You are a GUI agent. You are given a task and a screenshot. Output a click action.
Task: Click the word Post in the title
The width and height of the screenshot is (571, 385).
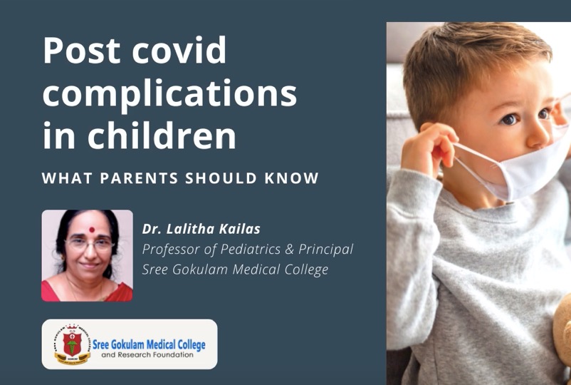[82, 50]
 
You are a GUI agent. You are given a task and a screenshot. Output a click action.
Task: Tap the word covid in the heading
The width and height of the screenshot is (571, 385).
[179, 50]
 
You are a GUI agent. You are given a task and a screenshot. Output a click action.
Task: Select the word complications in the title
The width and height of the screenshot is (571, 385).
[169, 95]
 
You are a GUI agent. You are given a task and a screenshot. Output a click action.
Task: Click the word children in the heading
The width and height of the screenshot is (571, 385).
[162, 135]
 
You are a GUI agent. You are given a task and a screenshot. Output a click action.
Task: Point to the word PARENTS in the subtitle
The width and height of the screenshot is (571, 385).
[139, 178]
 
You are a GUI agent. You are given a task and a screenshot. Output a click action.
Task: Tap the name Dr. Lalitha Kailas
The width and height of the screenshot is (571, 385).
[201, 229]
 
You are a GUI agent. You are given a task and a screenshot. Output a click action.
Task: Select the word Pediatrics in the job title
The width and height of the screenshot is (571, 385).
[251, 250]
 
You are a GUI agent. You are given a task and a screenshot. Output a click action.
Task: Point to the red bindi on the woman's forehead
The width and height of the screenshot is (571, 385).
[92, 230]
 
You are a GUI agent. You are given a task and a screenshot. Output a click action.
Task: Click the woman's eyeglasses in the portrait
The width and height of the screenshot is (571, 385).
[90, 245]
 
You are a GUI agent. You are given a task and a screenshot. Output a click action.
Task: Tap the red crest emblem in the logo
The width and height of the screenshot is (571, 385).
[72, 343]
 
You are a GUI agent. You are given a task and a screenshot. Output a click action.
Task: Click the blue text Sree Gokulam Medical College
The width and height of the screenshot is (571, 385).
[149, 344]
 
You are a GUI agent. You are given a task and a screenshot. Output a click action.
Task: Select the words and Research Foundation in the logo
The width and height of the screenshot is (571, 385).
[147, 355]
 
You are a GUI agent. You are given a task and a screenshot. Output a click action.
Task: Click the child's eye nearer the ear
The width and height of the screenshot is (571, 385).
[509, 119]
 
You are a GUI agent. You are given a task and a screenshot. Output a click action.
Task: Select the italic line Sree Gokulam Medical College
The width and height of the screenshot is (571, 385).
[235, 269]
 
